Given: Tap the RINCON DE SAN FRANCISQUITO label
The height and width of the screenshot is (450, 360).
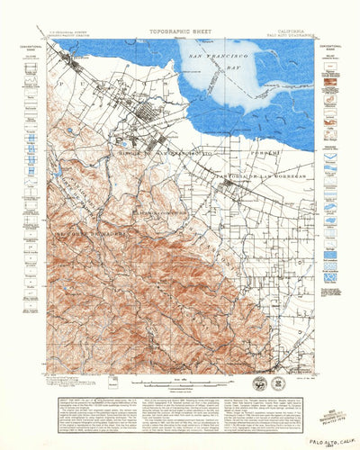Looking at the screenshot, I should [x=155, y=155].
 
